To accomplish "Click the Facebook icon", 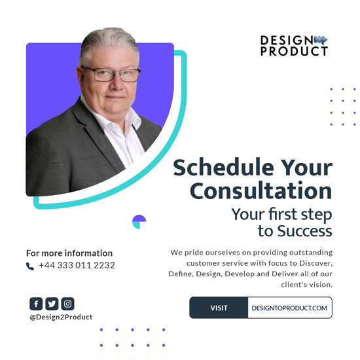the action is point(36,304).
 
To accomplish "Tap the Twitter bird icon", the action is point(52,304).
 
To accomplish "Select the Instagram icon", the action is point(67,304).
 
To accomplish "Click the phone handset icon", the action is point(30,266).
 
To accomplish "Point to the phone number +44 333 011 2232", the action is point(77,265).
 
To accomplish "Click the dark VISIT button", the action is point(219,308).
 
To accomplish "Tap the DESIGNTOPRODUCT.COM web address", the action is point(289,308).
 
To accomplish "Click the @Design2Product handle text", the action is point(61,317).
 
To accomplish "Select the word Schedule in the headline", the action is point(223,168).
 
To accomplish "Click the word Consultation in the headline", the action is point(261,190).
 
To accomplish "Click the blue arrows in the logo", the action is point(321,40).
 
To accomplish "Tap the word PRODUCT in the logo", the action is point(294,51).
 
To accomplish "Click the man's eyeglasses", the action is point(111,74).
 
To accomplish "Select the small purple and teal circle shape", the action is point(139,222).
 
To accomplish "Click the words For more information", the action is point(69,253).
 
